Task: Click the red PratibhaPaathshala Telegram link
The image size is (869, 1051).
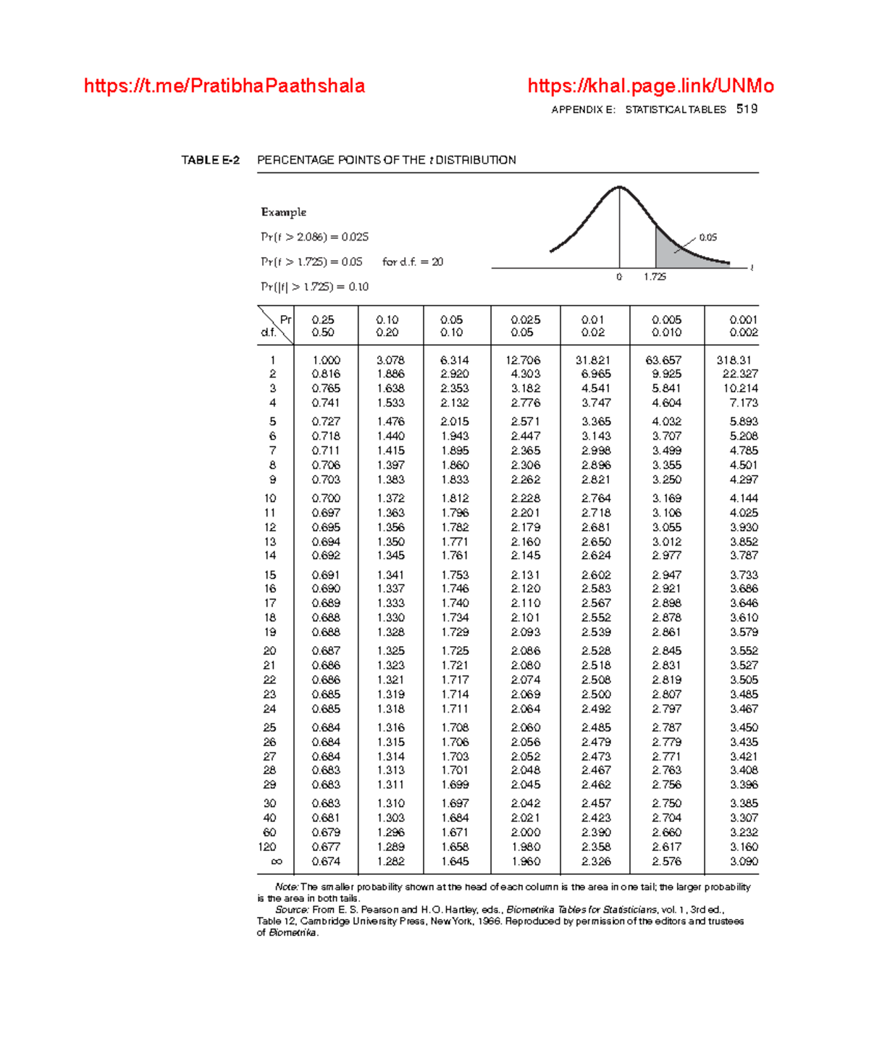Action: click(x=224, y=86)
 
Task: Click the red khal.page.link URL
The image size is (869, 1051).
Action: click(x=650, y=86)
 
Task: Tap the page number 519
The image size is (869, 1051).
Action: click(x=747, y=109)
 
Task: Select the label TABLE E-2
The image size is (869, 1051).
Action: click(x=210, y=160)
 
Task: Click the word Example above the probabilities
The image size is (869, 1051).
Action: click(x=283, y=212)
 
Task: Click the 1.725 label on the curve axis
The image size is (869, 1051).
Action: click(x=655, y=277)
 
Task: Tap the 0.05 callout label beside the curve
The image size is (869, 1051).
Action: click(x=708, y=238)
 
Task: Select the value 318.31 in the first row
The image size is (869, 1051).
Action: click(x=734, y=360)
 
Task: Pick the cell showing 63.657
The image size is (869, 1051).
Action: click(x=663, y=360)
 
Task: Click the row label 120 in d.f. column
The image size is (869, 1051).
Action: click(x=267, y=847)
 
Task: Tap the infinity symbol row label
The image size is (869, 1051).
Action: click(x=276, y=861)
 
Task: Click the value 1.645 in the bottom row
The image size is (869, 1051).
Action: click(x=455, y=861)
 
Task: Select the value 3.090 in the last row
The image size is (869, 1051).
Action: click(x=744, y=861)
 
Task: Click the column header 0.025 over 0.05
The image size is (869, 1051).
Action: click(x=525, y=326)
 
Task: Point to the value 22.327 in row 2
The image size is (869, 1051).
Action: click(x=739, y=374)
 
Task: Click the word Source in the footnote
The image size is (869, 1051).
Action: click(x=292, y=910)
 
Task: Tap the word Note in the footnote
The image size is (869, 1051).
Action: click(x=287, y=887)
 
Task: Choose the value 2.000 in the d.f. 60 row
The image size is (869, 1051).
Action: click(x=525, y=832)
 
